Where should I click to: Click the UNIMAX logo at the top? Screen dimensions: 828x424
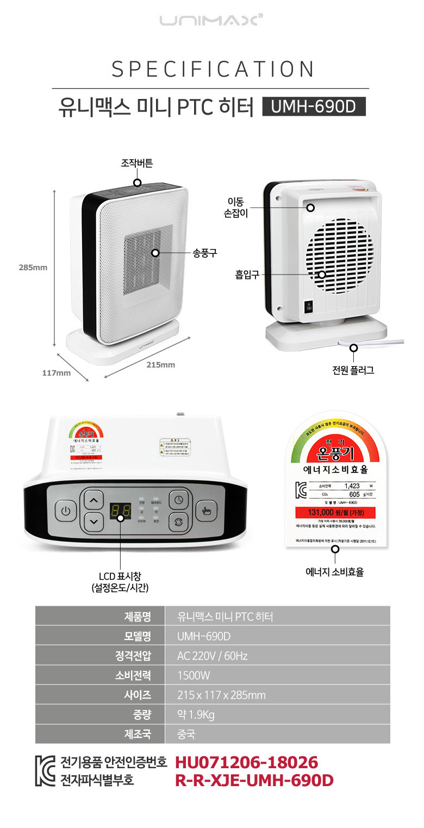(211, 21)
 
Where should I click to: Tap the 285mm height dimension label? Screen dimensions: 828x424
(33, 267)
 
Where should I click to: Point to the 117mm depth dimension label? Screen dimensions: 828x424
(57, 373)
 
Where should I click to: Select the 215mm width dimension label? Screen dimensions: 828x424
(161, 365)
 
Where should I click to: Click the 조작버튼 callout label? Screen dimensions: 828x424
(137, 163)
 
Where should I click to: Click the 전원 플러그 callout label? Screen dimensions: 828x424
(353, 371)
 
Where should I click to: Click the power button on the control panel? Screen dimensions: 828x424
(66, 512)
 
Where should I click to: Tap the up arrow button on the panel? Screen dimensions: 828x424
(95, 500)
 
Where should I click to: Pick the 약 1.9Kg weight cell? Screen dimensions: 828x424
(196, 714)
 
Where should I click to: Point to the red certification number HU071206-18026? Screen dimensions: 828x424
(246, 762)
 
